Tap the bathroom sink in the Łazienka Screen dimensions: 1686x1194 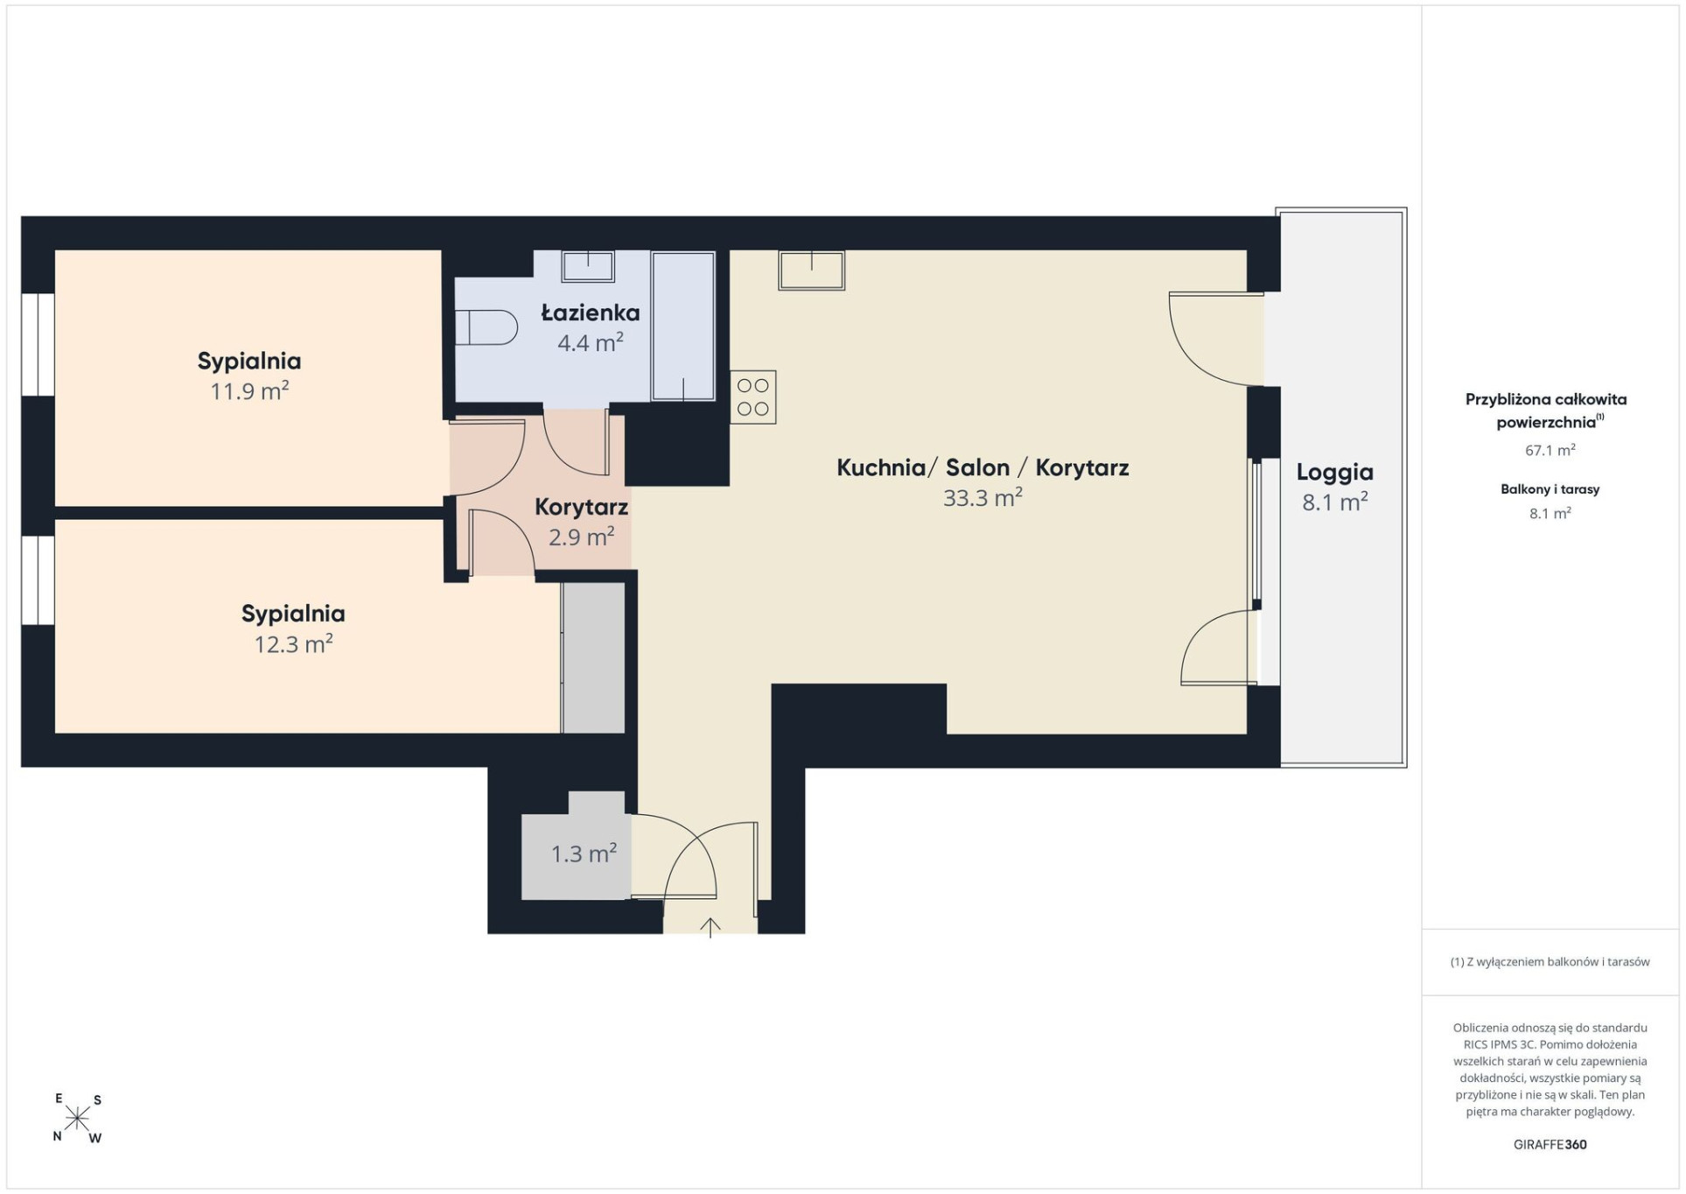click(x=588, y=265)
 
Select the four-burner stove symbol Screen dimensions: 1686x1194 click(x=752, y=397)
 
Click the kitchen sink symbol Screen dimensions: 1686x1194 click(x=812, y=270)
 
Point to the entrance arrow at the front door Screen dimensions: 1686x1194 click(x=710, y=927)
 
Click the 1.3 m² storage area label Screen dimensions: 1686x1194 click(x=584, y=853)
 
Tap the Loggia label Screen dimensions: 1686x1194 click(x=1334, y=473)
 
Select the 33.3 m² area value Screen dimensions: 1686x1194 click(x=983, y=497)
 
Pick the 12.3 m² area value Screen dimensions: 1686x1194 click(x=293, y=644)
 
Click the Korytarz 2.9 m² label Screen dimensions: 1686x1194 click(x=582, y=522)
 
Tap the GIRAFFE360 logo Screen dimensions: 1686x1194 click(x=1550, y=1144)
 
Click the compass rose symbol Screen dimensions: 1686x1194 click(x=78, y=1118)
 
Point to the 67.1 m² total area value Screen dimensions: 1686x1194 click(x=1550, y=450)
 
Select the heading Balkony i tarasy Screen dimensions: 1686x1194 click(x=1550, y=489)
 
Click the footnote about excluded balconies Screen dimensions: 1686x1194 click(x=1550, y=962)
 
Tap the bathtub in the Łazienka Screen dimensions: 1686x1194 click(x=683, y=327)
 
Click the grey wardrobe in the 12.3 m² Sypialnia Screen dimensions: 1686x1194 click(x=593, y=657)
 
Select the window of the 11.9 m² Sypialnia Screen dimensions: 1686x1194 click(x=38, y=344)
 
